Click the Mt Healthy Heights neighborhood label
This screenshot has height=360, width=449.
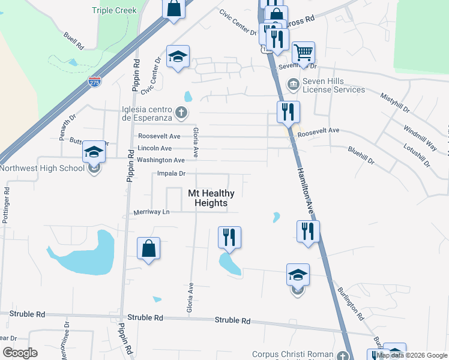(x=211, y=198)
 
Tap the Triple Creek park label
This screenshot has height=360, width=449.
(x=115, y=10)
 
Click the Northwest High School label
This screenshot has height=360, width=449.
(x=42, y=168)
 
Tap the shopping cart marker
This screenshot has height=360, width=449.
(x=304, y=53)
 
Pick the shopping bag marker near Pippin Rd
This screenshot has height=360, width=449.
(x=149, y=249)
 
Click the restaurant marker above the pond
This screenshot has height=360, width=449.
(x=229, y=237)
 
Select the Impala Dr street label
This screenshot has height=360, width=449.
(x=170, y=173)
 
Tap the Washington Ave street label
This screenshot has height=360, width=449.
(x=160, y=160)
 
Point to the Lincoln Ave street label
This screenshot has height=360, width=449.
(x=155, y=148)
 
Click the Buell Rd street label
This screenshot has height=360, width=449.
(x=73, y=40)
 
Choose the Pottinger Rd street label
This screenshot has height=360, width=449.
(x=6, y=206)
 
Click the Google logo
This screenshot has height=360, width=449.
(x=20, y=352)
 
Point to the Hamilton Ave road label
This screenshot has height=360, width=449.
(x=305, y=186)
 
